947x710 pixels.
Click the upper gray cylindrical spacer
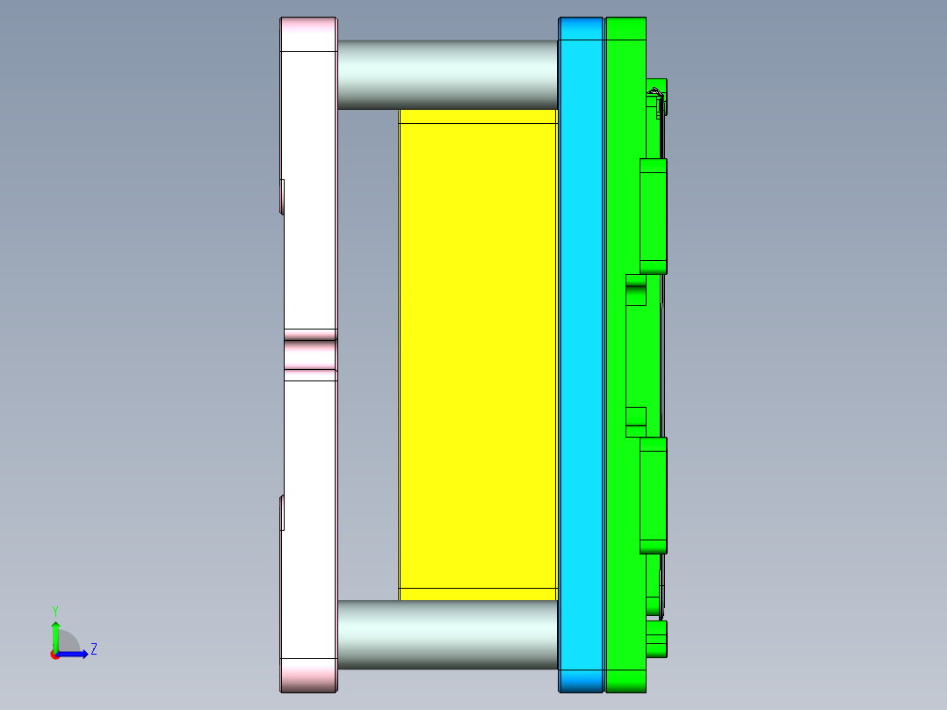[x=447, y=75]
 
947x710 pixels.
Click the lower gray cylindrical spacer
[x=447, y=634]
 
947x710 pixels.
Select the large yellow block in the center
[x=478, y=351]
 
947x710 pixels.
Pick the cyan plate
[x=581, y=351]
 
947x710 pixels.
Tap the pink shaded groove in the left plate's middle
[x=310, y=354]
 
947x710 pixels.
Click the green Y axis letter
[x=54, y=610]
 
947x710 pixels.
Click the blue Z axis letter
[x=93, y=649]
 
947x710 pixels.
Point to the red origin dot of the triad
[x=54, y=654]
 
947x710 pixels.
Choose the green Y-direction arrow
[x=54, y=635]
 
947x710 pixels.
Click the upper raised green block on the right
[x=653, y=215]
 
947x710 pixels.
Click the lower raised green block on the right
[x=653, y=495]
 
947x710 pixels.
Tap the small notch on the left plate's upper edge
[x=282, y=196]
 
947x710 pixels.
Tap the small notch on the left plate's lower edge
[x=282, y=512]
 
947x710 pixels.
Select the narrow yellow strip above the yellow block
[x=478, y=116]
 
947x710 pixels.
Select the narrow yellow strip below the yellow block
[x=478, y=594]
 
